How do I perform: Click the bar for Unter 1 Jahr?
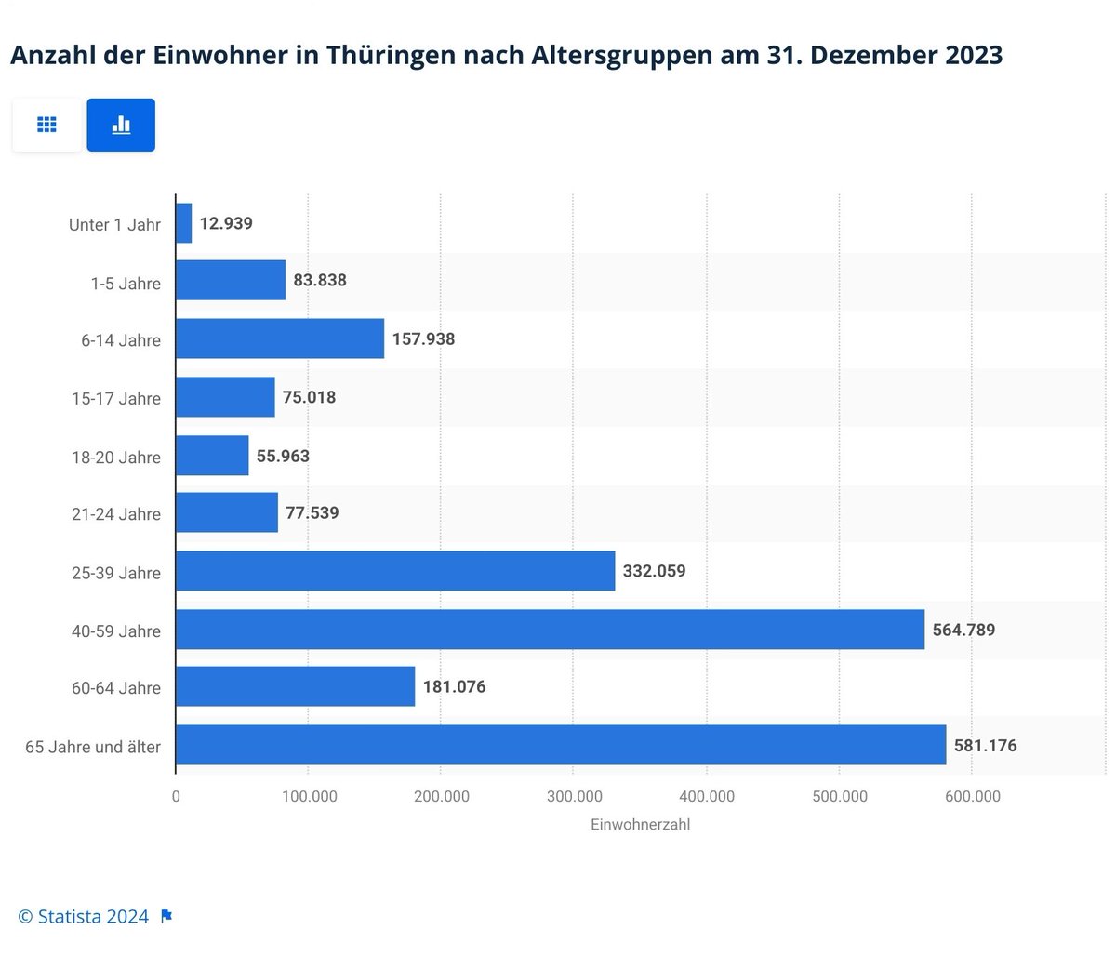pyautogui.click(x=184, y=224)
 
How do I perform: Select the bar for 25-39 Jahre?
pyautogui.click(x=395, y=571)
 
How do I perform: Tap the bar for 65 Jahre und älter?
pyautogui.click(x=561, y=746)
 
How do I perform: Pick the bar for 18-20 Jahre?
pyautogui.click(x=212, y=456)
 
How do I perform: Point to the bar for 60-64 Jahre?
pyautogui.click(x=295, y=687)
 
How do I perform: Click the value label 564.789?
pyautogui.click(x=963, y=630)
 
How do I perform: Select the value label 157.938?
pyautogui.click(x=423, y=339)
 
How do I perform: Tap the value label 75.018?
pyautogui.click(x=309, y=397)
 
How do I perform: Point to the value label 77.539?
pyautogui.click(x=312, y=513)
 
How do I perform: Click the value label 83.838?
pyautogui.click(x=320, y=280)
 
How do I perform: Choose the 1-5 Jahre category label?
pyautogui.click(x=126, y=284)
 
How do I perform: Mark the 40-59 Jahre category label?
pyautogui.click(x=116, y=631)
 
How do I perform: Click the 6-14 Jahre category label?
pyautogui.click(x=121, y=340)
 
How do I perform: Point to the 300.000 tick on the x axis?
pyautogui.click(x=574, y=796)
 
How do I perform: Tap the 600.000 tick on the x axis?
pyautogui.click(x=972, y=796)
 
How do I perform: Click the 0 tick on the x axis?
pyautogui.click(x=176, y=796)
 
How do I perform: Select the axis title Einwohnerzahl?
pyautogui.click(x=640, y=824)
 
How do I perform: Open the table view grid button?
pyautogui.click(x=46, y=125)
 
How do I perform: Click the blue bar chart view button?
pyautogui.click(x=121, y=125)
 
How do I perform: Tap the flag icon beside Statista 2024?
pyautogui.click(x=166, y=917)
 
